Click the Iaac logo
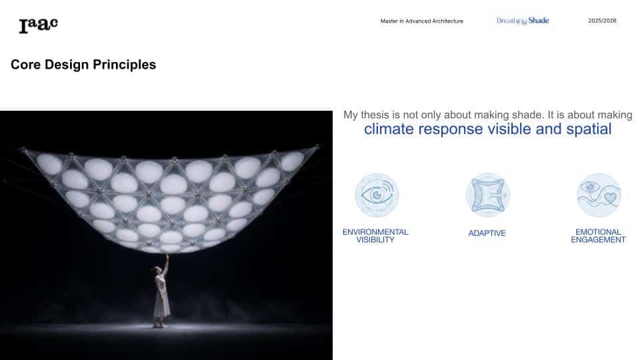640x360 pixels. coord(39,25)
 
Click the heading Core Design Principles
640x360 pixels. coord(83,65)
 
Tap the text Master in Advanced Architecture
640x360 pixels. coord(421,21)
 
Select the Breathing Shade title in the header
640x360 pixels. coord(523,21)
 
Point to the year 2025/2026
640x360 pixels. coord(602,21)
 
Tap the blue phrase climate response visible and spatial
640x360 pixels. coord(488,129)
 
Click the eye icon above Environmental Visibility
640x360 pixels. coord(376,195)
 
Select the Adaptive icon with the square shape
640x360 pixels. coord(488,195)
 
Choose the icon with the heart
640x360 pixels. coord(599,195)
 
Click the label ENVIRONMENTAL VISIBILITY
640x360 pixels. coord(375,236)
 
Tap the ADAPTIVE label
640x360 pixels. coord(487,233)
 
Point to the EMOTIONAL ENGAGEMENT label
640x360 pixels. coord(598,236)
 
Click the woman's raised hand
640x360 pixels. coord(167,255)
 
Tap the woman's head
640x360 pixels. coord(158,269)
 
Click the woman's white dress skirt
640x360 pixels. coord(161,303)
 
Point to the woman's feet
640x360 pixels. coord(160,325)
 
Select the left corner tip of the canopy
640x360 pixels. coord(23,149)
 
